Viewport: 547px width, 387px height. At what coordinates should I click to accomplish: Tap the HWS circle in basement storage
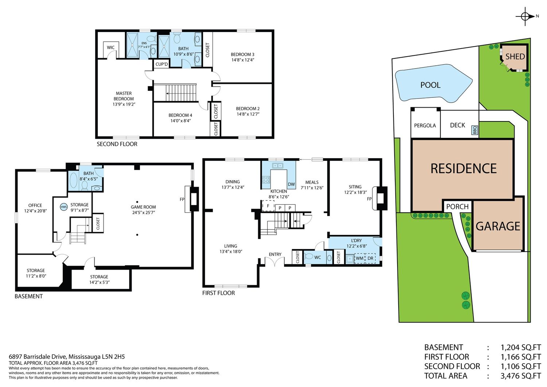pos(64,207)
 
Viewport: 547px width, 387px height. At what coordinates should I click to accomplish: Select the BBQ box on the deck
pos(475,130)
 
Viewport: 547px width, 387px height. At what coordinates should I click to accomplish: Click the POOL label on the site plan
pos(430,85)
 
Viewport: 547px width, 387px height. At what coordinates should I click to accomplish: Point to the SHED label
pos(515,57)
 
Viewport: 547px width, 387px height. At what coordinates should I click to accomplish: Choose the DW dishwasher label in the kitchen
pos(291,184)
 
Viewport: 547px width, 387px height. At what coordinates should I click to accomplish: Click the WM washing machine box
pos(360,258)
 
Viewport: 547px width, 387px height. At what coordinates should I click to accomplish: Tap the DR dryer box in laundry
pos(370,258)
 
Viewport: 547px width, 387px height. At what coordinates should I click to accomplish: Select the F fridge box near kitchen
pos(268,206)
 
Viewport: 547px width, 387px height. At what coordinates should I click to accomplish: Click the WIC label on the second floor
pos(110,47)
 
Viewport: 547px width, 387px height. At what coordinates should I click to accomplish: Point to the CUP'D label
pos(162,64)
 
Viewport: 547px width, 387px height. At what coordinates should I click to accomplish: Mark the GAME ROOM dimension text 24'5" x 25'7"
pos(143,213)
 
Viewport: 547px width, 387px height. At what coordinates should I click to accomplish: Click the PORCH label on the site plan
pos(457,207)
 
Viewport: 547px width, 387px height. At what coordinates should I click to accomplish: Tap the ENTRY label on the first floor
pos(275,254)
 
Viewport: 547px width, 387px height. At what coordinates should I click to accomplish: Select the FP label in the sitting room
pos(369,199)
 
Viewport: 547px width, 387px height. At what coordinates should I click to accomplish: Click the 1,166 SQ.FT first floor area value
pos(521,357)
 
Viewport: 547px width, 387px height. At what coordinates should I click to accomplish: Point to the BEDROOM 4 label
pos(180,115)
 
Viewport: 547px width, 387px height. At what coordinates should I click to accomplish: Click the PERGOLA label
pos(425,125)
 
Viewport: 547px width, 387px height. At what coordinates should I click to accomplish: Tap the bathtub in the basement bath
pos(73,180)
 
